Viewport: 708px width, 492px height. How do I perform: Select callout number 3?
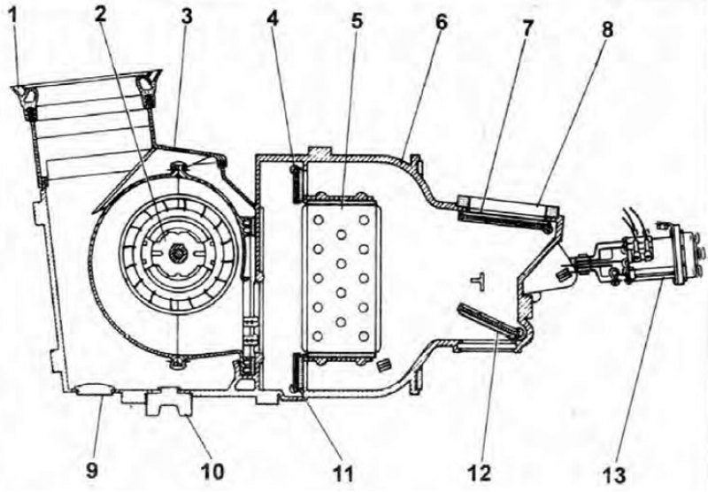coord(186,16)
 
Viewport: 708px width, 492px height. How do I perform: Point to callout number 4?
coord(273,19)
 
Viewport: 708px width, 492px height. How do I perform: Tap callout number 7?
coord(527,28)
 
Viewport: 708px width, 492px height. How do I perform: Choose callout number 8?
coord(608,29)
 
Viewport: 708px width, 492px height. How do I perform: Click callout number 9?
coord(92,471)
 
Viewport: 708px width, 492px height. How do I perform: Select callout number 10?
coord(212,472)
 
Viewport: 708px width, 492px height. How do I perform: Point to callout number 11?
coord(343,474)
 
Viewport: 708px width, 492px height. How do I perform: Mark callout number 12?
coord(479,474)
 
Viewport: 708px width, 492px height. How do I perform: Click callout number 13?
coord(614,475)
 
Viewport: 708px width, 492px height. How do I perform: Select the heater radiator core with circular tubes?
coord(341,278)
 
